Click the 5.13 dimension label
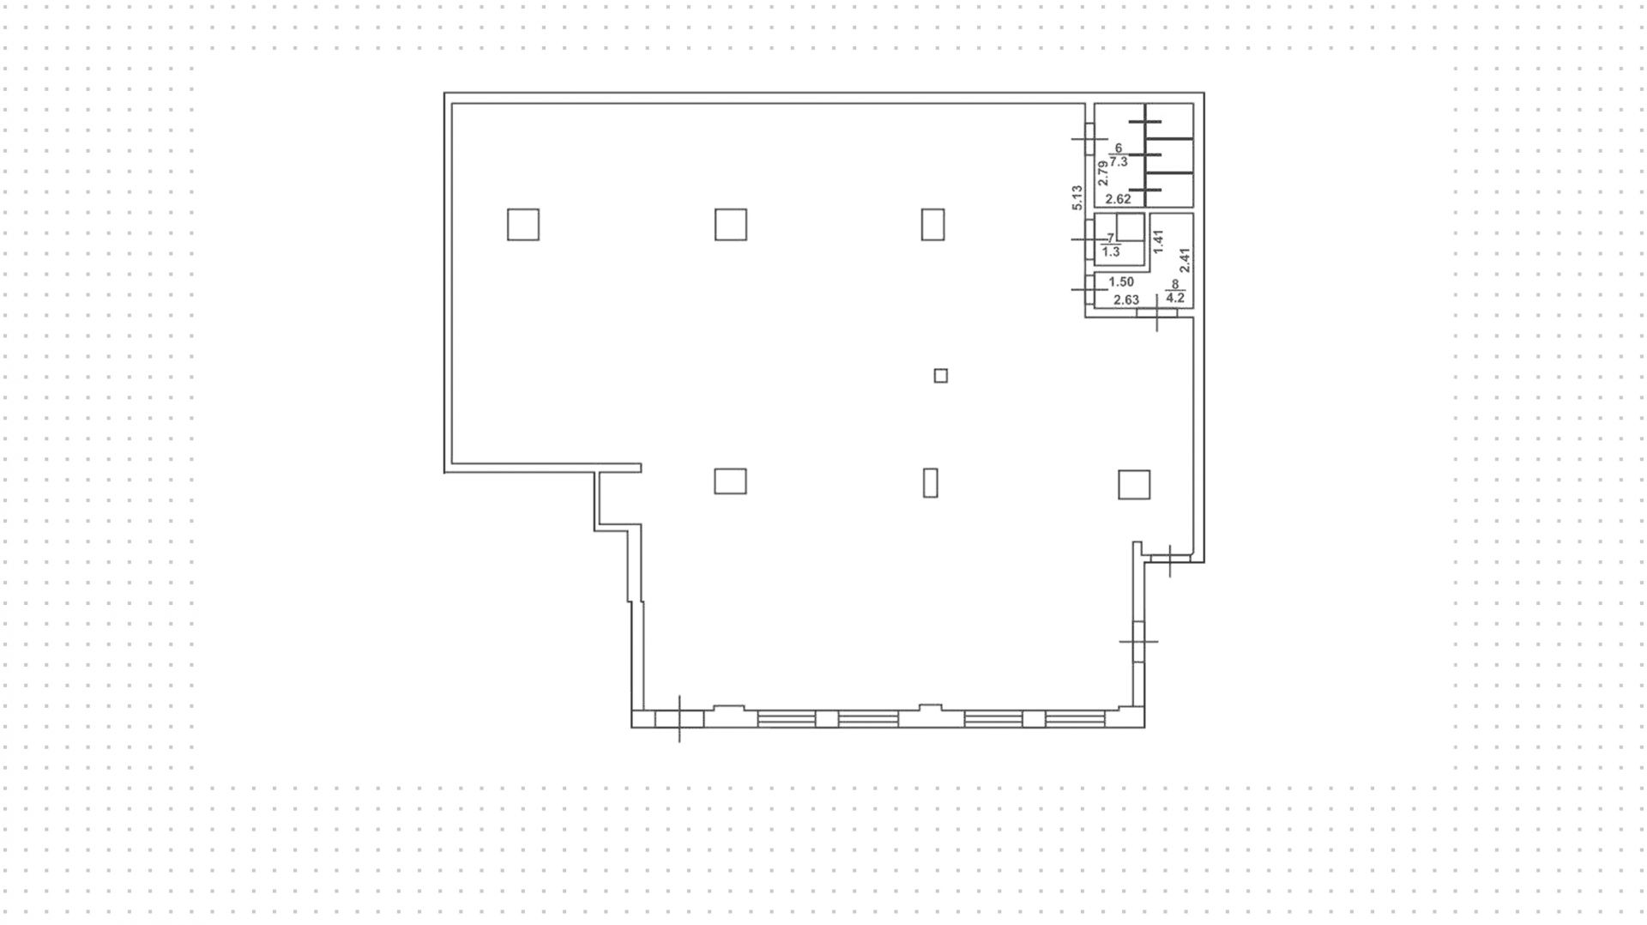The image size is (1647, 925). coord(1077,197)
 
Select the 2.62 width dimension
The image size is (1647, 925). coord(1118,199)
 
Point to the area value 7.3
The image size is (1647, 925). coord(1118,161)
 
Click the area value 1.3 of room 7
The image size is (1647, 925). coord(1111,252)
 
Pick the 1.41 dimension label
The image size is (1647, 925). coord(1158,241)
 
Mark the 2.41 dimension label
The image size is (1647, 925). coord(1185,260)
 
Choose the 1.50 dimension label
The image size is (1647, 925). coord(1121,281)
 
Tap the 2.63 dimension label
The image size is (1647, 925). coord(1125,300)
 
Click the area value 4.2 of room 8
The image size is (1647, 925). coord(1175,299)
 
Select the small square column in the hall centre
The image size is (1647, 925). coord(941,376)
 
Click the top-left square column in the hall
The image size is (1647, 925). coord(523,225)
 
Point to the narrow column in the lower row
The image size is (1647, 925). coord(931,482)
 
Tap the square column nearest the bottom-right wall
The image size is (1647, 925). coord(1134,485)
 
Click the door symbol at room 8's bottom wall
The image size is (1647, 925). coord(1157,314)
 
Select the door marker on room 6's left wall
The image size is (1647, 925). coord(1090,139)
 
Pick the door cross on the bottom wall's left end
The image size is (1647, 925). coord(679,719)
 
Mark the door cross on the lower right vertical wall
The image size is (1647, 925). coord(1138,641)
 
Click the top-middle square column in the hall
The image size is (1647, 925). coord(731,225)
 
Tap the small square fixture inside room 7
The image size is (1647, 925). coord(1130,227)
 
